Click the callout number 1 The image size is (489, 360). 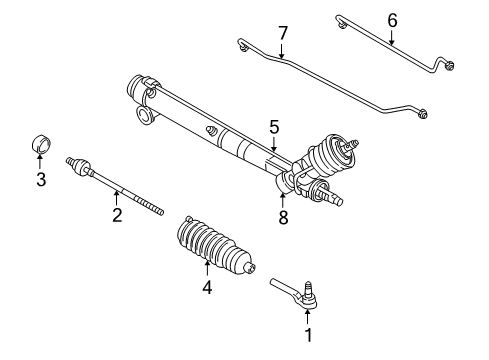[307, 336]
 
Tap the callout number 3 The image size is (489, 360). [41, 181]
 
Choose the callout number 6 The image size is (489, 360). [392, 19]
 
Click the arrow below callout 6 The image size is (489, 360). [392, 38]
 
